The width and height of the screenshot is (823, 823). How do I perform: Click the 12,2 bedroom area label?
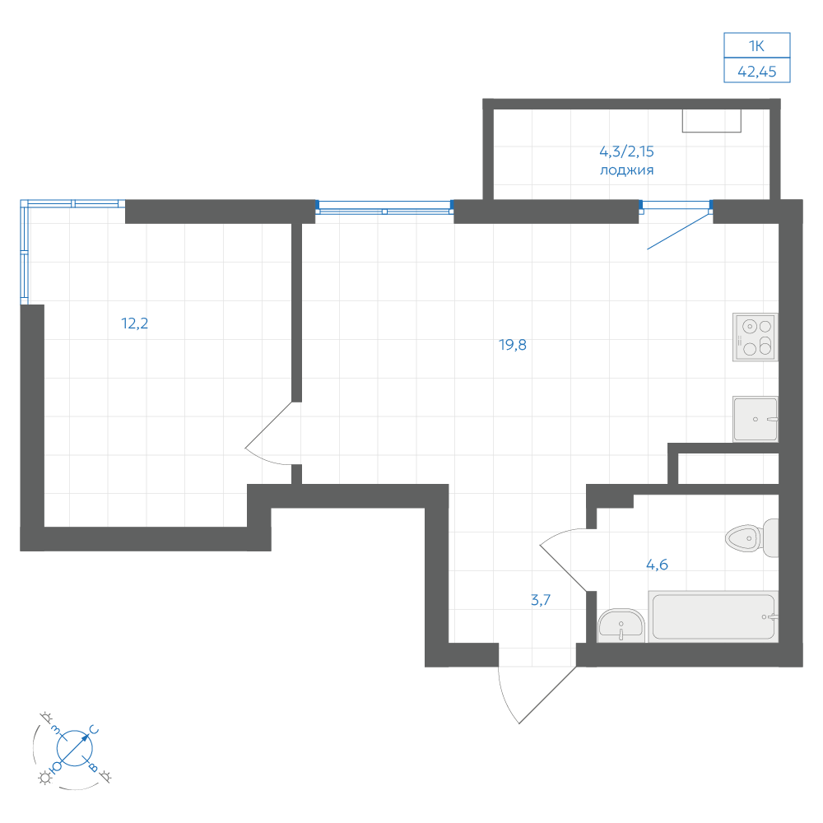(135, 323)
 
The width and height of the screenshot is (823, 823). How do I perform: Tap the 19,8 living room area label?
(512, 345)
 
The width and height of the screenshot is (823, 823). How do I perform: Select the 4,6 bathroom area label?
(657, 565)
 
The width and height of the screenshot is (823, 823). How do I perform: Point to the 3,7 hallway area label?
(541, 600)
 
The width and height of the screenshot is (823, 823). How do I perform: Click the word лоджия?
(626, 170)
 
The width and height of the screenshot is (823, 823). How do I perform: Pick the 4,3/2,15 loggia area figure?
(626, 151)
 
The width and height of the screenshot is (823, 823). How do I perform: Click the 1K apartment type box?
(757, 45)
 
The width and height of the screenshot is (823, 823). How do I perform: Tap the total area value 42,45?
(757, 72)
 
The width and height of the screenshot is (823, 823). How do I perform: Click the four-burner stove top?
(756, 337)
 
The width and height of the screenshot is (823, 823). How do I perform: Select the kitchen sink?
(756, 419)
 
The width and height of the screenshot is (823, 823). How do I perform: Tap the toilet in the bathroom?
(751, 538)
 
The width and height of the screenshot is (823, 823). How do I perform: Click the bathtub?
(714, 616)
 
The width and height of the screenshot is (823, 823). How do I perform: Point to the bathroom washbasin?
(621, 625)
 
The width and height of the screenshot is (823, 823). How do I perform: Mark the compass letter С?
(94, 729)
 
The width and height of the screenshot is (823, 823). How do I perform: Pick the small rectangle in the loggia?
(712, 121)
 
